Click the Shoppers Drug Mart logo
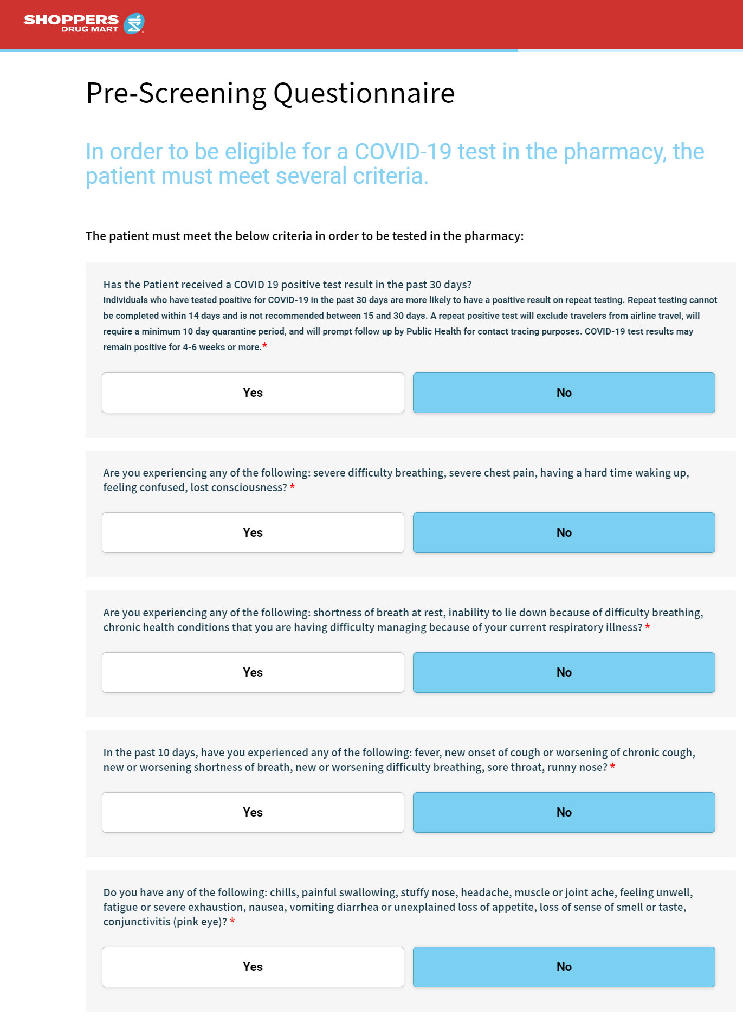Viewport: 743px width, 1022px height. coord(84,23)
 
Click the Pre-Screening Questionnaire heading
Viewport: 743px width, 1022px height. coord(270,93)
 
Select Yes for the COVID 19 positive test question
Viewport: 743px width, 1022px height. coord(253,393)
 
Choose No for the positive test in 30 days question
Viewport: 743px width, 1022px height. coord(564,393)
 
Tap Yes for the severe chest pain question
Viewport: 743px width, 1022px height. coord(253,532)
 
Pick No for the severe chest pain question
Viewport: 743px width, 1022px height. coord(564,532)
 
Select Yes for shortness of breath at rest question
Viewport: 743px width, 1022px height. coord(253,672)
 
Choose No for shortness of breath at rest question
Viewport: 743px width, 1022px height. coord(564,672)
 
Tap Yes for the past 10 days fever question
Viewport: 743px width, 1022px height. coord(253,812)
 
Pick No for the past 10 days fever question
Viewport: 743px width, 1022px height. coord(564,812)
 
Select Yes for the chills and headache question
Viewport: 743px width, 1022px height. coord(253,967)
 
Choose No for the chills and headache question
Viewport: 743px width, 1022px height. coord(564,967)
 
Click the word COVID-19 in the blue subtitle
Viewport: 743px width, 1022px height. coord(403,152)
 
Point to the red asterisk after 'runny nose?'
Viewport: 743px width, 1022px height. coord(612,766)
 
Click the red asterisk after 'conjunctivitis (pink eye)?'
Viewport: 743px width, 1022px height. coord(232,921)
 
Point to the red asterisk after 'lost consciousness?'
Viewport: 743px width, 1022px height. coord(292,486)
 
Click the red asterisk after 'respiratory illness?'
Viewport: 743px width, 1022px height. coord(648,626)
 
